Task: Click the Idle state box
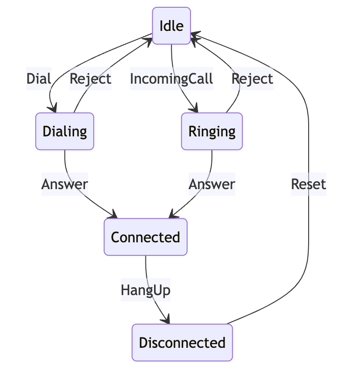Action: pyautogui.click(x=171, y=26)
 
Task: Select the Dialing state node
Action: pyautogui.click(x=65, y=131)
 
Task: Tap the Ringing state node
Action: pyautogui.click(x=212, y=131)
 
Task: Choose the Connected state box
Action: pyautogui.click(x=145, y=237)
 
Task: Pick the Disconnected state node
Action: pyautogui.click(x=182, y=342)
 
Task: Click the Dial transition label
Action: pyautogui.click(x=39, y=79)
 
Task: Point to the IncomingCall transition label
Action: pyautogui.click(x=171, y=79)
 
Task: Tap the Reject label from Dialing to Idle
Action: pyautogui.click(x=90, y=79)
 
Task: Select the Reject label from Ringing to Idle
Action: pyautogui.click(x=252, y=79)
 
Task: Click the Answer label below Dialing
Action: pyautogui.click(x=65, y=184)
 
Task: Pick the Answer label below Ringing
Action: pyautogui.click(x=212, y=184)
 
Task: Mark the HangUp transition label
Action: pyautogui.click(x=145, y=290)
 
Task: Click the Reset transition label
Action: pyautogui.click(x=309, y=184)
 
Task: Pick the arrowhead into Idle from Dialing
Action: pyautogui.click(x=150, y=41)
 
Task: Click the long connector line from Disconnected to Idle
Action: pyautogui.click(x=309, y=136)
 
